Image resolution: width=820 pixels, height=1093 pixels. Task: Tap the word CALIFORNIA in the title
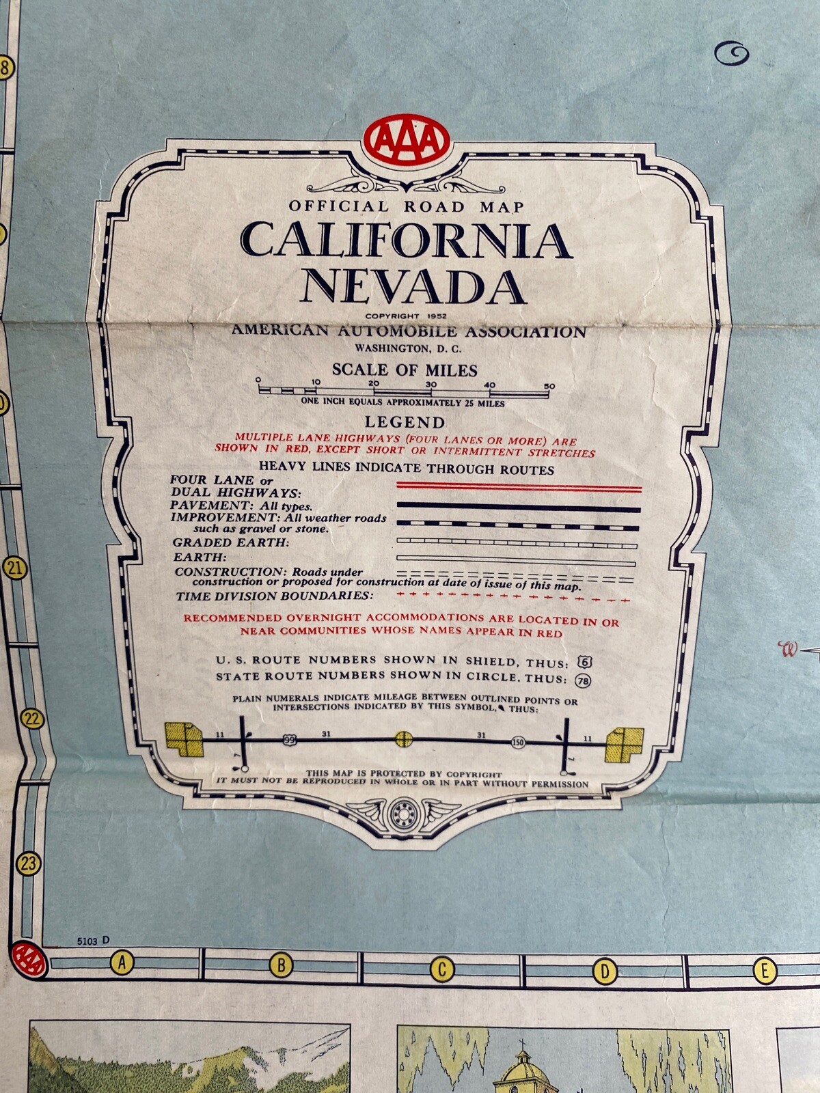tap(406, 240)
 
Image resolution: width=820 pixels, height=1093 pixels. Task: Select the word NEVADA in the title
tap(413, 287)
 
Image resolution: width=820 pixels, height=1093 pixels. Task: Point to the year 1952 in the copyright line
tap(435, 316)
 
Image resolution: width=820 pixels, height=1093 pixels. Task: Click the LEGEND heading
tap(405, 422)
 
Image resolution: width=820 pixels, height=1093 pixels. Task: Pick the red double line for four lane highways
tap(519, 486)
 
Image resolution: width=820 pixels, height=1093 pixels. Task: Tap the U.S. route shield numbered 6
tap(584, 661)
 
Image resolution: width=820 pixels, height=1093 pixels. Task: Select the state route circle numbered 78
tap(583, 680)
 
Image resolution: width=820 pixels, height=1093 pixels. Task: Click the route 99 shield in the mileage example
tap(290, 739)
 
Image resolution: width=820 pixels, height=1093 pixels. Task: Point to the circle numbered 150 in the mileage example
tap(518, 742)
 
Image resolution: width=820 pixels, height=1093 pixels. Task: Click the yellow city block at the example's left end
tap(184, 738)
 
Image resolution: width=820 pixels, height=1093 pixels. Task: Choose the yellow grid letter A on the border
tap(122, 963)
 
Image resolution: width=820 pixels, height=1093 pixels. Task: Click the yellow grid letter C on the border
tap(442, 969)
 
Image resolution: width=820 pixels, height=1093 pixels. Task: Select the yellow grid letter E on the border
tap(764, 971)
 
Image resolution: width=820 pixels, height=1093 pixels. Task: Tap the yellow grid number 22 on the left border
tap(32, 719)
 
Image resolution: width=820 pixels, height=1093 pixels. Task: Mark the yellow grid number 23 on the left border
tap(28, 863)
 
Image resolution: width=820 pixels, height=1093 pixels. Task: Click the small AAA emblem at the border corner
tap(29, 960)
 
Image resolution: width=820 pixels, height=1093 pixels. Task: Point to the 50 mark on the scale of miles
tap(549, 386)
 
